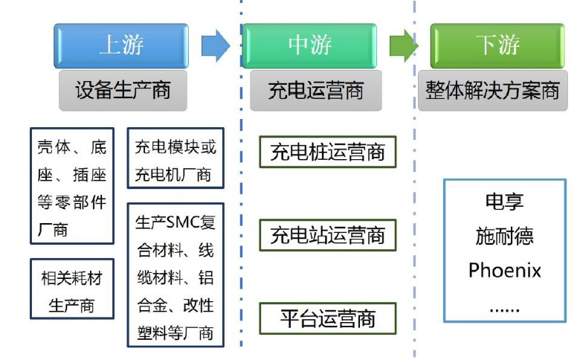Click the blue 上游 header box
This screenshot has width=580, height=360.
(x=120, y=45)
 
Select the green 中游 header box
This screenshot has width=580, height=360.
(x=310, y=45)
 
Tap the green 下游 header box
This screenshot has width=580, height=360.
(x=497, y=45)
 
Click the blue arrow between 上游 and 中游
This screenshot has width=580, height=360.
(x=215, y=45)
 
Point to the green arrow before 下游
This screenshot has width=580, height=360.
(x=404, y=45)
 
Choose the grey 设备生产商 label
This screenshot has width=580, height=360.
(x=123, y=90)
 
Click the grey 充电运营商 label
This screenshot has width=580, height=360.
(x=315, y=90)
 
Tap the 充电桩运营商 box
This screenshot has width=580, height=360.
(x=327, y=152)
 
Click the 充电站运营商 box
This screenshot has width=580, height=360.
(x=327, y=236)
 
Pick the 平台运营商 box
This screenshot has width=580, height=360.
(x=327, y=318)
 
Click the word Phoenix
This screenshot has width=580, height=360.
(x=505, y=269)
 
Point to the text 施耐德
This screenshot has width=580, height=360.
(x=505, y=236)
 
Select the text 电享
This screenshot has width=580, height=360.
(x=505, y=202)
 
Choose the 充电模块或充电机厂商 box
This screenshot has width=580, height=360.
(x=175, y=161)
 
